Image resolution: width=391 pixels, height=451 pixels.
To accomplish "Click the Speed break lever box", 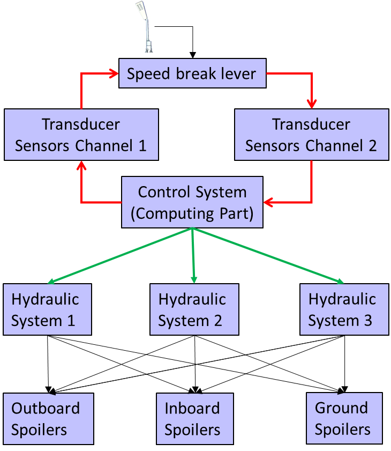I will coord(192,73).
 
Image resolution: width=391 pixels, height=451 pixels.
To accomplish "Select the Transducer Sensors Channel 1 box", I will coord(81,135).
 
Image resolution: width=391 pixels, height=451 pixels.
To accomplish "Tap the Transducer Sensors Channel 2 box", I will coord(311,135).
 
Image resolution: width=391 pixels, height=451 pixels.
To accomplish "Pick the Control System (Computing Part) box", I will coord(192,202).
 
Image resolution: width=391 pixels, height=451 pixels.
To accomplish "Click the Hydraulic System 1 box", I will coord(47,309).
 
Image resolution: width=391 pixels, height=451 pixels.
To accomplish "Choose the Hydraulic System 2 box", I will coord(194,309).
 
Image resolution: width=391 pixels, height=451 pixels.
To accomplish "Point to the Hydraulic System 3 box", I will coord(343,309).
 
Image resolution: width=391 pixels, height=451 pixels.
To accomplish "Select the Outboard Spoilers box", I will coord(48,419).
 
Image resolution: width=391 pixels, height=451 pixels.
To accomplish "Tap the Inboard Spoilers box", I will coord(194,419).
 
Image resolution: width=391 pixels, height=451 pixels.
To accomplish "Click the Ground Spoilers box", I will coord(344,418).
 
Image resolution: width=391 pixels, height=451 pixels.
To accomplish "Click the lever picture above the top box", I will coord(144,26).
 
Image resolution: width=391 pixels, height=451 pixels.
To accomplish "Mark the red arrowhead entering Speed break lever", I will coord(114,74).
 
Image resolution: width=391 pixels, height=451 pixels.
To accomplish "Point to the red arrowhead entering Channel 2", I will coord(311,103).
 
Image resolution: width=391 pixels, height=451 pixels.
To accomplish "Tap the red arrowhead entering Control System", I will coord(268,202).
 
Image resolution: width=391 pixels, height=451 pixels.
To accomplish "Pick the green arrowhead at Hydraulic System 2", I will coord(194,279).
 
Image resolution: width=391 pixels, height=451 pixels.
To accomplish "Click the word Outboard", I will coord(46,408).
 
